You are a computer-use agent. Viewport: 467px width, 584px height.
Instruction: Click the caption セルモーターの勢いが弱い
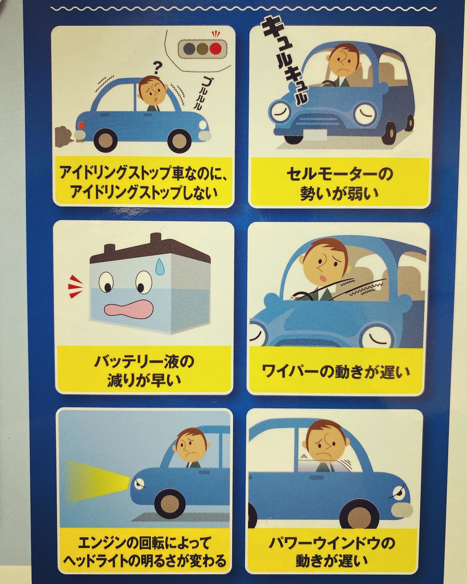tap(340, 184)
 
